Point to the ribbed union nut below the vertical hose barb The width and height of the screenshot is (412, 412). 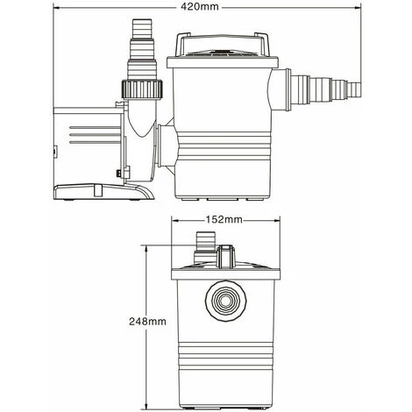(x=138, y=89)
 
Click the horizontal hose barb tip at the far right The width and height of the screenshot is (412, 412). (x=356, y=88)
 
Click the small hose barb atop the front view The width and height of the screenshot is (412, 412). (x=204, y=238)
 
